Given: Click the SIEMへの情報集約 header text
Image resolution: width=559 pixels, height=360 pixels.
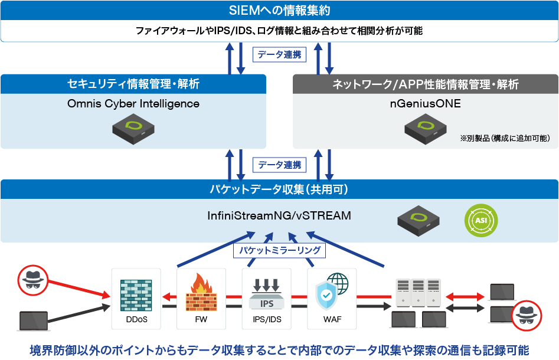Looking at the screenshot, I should click(279, 11).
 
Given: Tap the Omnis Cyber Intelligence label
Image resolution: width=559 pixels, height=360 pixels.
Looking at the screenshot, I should click(133, 104).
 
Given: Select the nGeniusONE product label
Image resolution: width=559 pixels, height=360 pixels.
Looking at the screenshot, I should click(425, 104).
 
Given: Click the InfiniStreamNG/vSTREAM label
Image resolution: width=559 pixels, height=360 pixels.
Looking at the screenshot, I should click(280, 215).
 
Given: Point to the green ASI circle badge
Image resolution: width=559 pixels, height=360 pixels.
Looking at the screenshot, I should click(481, 220).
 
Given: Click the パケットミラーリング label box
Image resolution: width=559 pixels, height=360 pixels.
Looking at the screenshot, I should click(280, 250).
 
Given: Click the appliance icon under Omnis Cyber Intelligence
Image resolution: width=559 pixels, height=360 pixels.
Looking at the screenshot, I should click(133, 126).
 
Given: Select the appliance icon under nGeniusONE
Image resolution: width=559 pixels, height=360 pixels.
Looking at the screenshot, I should click(425, 126).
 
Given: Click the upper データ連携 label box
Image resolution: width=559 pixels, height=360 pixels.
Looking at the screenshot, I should click(280, 55).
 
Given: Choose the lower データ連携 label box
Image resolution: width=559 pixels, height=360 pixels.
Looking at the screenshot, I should click(280, 165).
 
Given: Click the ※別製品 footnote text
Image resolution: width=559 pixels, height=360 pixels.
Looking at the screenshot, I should click(505, 138).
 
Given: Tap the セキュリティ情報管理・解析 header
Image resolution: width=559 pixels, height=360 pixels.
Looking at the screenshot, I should click(133, 84).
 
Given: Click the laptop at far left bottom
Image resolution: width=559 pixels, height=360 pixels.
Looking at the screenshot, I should click(33, 320).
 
